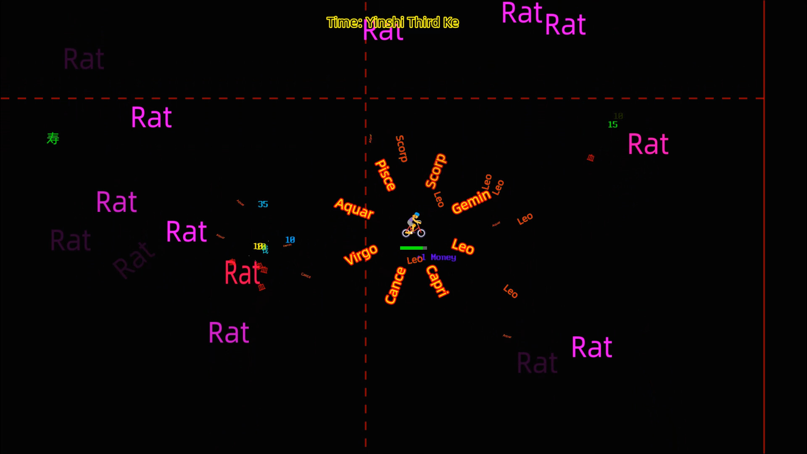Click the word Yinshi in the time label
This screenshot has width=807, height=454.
384,22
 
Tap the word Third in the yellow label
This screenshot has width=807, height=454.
423,22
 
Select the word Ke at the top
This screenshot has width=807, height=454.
451,22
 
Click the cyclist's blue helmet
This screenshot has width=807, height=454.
416,215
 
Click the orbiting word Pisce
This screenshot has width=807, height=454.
385,175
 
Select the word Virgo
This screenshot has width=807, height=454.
361,254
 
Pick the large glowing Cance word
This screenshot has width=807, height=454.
395,285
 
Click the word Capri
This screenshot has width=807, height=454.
437,281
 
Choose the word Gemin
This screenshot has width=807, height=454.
471,201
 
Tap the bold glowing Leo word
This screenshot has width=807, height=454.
463,246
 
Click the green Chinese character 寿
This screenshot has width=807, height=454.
53,138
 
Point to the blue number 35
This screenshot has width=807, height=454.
263,204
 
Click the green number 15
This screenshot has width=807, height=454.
612,124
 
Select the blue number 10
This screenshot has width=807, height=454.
290,240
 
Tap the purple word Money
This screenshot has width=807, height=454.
443,257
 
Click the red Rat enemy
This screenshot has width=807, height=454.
243,273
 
